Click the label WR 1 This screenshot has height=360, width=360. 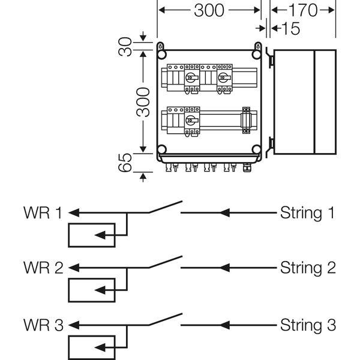coord(42,212)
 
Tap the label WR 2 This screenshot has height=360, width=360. coord(42,268)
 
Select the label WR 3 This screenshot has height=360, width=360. coord(42,326)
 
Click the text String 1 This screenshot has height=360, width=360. coord(307,212)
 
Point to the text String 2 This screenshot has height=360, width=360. coord(307,268)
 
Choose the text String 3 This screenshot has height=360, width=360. coord(307,326)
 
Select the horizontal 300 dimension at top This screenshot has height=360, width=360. coord(209,10)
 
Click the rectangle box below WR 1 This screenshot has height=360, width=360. coord(92,235)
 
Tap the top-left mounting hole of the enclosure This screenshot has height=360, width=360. coord(161,46)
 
